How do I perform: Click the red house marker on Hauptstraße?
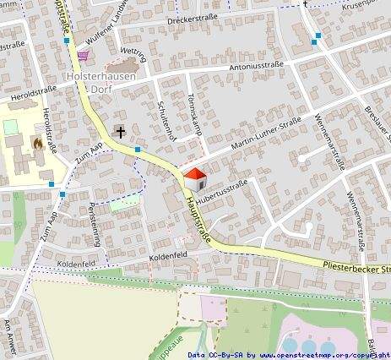(x=195, y=178)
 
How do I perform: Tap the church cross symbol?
(x=121, y=132)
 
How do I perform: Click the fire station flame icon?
(x=37, y=145)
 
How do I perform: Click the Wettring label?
(x=133, y=57)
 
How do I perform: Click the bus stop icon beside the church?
(x=138, y=150)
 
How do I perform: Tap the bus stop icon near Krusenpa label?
(x=317, y=36)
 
